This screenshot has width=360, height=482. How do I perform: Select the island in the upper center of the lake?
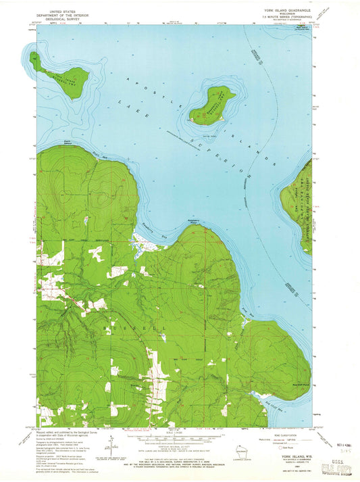point(211,105)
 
